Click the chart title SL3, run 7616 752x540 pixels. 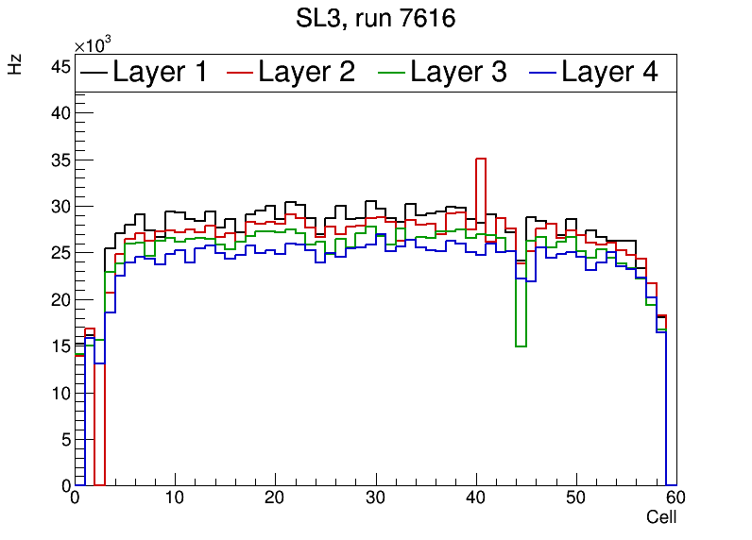click(376, 19)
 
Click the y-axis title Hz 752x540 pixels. click(15, 64)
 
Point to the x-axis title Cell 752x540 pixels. click(661, 517)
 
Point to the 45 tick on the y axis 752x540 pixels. click(60, 66)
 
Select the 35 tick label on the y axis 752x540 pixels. click(60, 160)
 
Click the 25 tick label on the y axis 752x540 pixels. click(60, 253)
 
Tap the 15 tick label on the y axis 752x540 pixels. click(60, 346)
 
